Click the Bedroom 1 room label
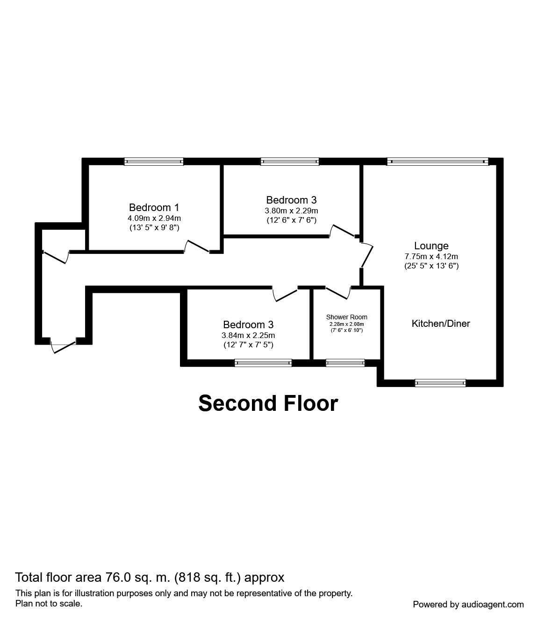(154, 207)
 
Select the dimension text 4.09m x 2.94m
(154, 218)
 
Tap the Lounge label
(431, 246)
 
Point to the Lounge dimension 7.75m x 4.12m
(431, 256)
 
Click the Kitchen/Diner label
(440, 323)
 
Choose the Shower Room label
(346, 317)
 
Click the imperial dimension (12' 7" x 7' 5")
(248, 345)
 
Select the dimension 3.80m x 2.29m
(291, 211)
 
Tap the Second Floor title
(268, 403)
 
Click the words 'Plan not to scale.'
(49, 603)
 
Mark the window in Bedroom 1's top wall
(154, 162)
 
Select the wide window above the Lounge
(438, 162)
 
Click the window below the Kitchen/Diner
(440, 383)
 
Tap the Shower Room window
(345, 362)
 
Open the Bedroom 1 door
(197, 247)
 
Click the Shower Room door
(338, 293)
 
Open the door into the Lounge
(367, 255)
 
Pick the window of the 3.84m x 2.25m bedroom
(263, 362)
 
